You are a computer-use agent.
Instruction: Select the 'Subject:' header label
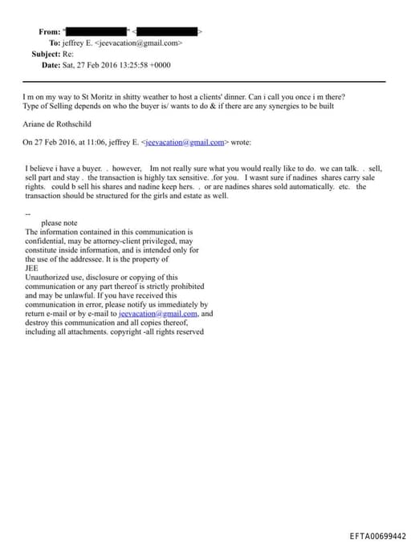point(47,54)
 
